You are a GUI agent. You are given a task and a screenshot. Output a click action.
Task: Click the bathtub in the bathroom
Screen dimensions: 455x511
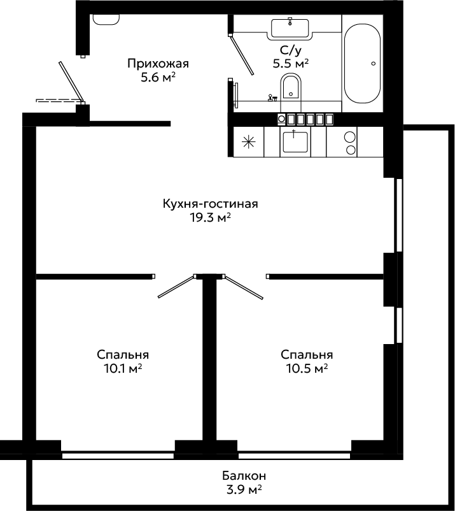pos(362,64)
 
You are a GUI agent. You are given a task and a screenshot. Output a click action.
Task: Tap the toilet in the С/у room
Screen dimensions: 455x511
pos(291,87)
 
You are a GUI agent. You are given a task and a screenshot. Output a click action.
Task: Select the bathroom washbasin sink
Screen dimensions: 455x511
pos(290,28)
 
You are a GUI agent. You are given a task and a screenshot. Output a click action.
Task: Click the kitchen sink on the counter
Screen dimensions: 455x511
pos(295,141)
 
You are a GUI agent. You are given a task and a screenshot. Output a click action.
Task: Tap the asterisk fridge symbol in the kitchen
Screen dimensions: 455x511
pos(248,142)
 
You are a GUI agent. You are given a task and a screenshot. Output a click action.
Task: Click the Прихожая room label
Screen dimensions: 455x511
pos(158,63)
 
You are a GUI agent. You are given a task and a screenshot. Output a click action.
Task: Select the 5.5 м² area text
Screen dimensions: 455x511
pos(290,64)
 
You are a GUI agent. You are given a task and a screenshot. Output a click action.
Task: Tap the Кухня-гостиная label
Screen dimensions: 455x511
pos(210,204)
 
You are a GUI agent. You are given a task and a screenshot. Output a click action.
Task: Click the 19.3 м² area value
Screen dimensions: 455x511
pos(210,218)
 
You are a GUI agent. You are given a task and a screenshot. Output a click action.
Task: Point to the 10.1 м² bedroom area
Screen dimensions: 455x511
pos(123,368)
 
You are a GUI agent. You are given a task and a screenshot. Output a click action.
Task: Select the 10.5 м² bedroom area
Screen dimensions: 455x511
pos(307,368)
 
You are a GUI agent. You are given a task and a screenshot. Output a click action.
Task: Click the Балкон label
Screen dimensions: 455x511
pos(244,476)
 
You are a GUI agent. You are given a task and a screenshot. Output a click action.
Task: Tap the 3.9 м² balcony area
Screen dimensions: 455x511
pos(244,489)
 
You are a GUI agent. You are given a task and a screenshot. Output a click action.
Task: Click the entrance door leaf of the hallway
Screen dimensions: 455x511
pos(72,82)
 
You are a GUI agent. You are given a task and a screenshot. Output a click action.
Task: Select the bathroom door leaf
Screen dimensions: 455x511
pos(241,55)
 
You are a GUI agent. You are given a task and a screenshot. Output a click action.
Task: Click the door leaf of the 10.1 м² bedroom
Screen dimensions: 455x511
pos(176,287)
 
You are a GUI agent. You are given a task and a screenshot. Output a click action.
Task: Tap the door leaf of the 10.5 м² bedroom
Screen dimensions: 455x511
pos(244,287)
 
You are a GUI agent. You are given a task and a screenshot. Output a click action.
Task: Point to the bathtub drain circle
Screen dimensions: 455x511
pos(374,64)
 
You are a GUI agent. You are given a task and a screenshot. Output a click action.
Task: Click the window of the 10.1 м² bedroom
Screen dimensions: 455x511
pos(118,456)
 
